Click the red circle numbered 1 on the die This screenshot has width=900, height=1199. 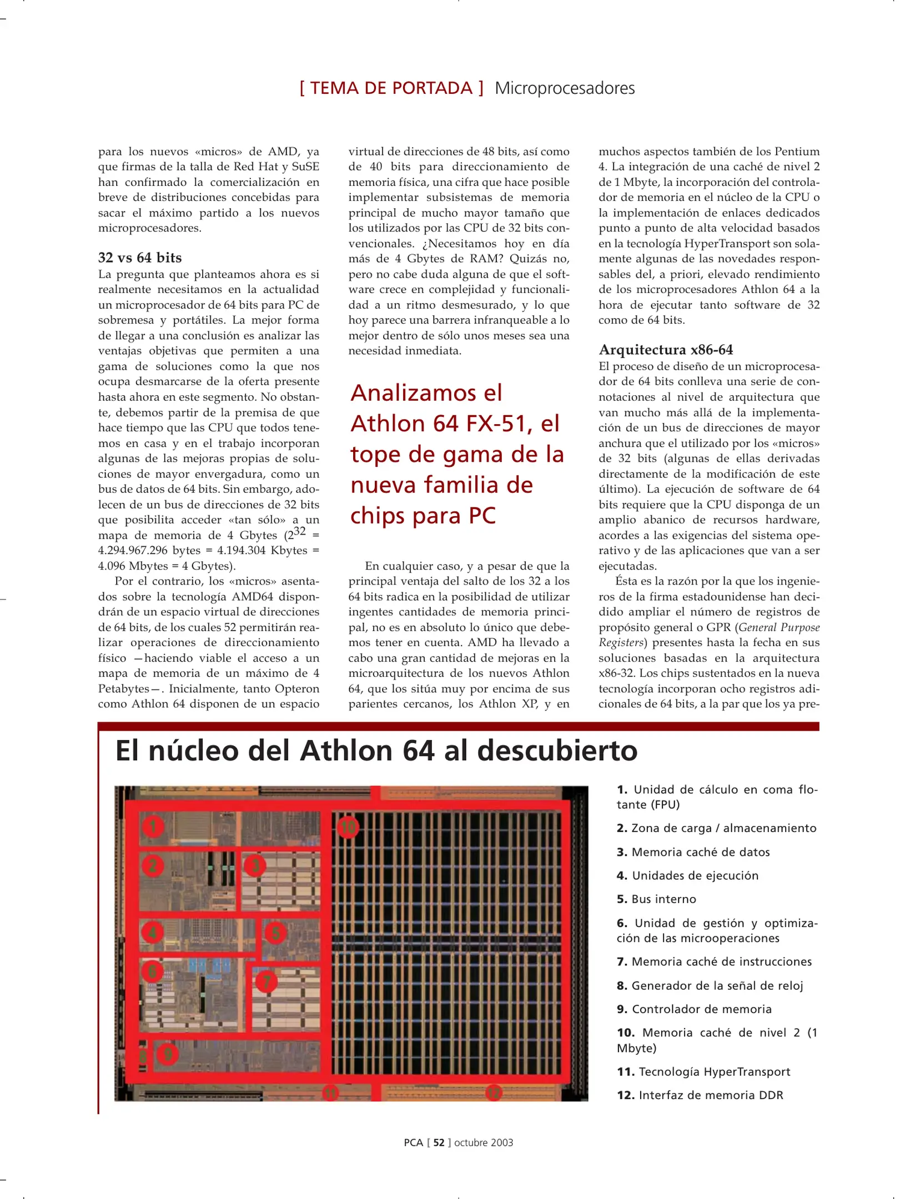pos(153,827)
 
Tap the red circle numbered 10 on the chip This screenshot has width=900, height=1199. pos(348,828)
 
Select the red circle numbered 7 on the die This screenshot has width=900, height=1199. pos(266,981)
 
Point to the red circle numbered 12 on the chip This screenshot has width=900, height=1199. pos(493,1093)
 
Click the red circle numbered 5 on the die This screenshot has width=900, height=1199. pos(275,933)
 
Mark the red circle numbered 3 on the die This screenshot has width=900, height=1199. pos(255,865)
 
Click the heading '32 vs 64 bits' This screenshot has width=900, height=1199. pos(140,258)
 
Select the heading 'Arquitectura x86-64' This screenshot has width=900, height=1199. pos(666,350)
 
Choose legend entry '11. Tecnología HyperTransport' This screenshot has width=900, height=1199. pos(703,1071)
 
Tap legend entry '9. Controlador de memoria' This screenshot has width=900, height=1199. pos(694,1009)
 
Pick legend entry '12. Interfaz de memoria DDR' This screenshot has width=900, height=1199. pos(700,1095)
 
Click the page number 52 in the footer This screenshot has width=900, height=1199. pos(439,1142)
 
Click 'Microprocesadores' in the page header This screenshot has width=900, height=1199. pos(564,88)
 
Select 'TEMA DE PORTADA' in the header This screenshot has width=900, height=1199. pos(391,88)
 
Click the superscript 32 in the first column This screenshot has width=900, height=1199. pos(299,531)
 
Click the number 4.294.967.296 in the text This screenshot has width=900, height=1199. pos(133,550)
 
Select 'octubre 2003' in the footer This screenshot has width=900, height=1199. pos(483,1142)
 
